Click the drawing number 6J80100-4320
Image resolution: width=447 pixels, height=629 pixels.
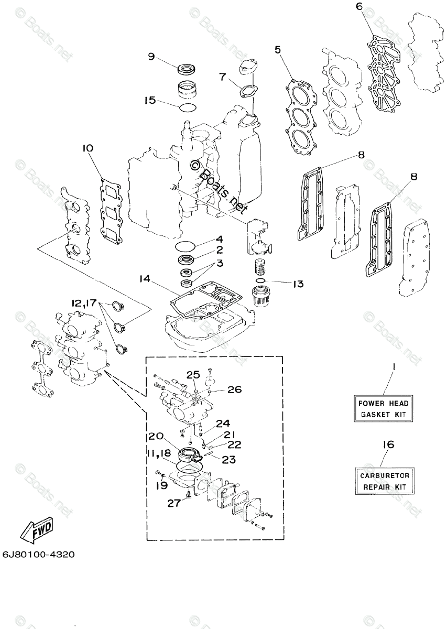pos(38,554)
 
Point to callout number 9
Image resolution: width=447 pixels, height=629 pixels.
pos(151,57)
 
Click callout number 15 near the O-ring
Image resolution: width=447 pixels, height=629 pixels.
pos(150,100)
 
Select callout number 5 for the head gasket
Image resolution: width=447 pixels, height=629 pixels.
pos(278,50)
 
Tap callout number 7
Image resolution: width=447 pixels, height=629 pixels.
pos(222,78)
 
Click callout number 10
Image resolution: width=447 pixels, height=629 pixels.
pos(87,148)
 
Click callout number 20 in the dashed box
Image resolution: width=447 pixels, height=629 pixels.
pos(156,436)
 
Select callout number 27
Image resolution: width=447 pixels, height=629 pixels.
pos(173,503)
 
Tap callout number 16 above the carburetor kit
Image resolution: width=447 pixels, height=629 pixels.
pos(388,444)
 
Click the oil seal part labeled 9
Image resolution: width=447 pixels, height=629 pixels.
pos(186,68)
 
